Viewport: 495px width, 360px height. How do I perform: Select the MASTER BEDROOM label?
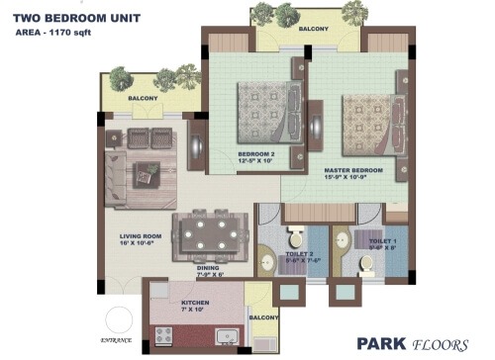[354, 171]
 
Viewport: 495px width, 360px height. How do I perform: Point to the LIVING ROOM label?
[141, 236]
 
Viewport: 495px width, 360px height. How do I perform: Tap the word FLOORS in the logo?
[443, 345]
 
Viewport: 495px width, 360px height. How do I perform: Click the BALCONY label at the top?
[312, 29]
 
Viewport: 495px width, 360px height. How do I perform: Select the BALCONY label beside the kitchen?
[262, 317]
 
